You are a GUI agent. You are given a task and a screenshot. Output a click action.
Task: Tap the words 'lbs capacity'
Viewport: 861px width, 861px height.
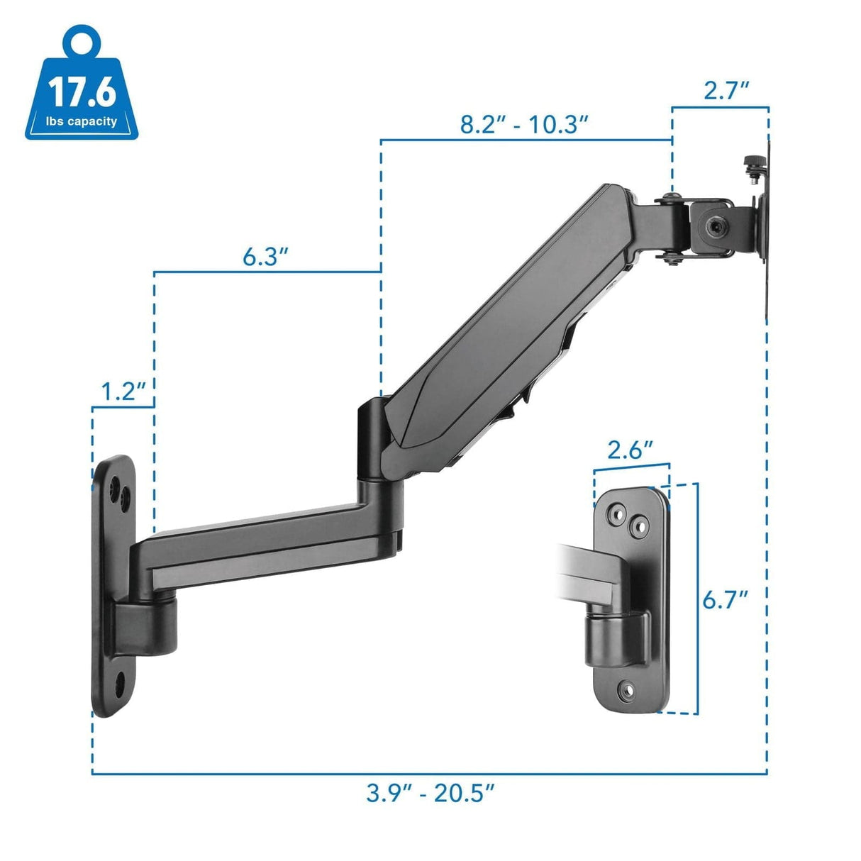click(82, 121)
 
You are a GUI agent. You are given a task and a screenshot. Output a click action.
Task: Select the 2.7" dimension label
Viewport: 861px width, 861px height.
click(726, 91)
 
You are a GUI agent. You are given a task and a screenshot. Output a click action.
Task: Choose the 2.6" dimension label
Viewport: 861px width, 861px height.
click(630, 450)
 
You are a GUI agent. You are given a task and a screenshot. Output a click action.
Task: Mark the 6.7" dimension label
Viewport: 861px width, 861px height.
click(726, 599)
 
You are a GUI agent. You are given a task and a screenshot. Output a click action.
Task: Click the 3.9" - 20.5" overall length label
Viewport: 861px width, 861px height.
click(430, 792)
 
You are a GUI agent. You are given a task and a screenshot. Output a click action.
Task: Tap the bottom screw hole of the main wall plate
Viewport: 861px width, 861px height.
click(119, 684)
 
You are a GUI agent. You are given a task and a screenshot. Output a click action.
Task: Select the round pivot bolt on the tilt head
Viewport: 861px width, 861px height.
click(712, 226)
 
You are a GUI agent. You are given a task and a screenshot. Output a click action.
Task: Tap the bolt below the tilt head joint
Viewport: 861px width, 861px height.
click(671, 262)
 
